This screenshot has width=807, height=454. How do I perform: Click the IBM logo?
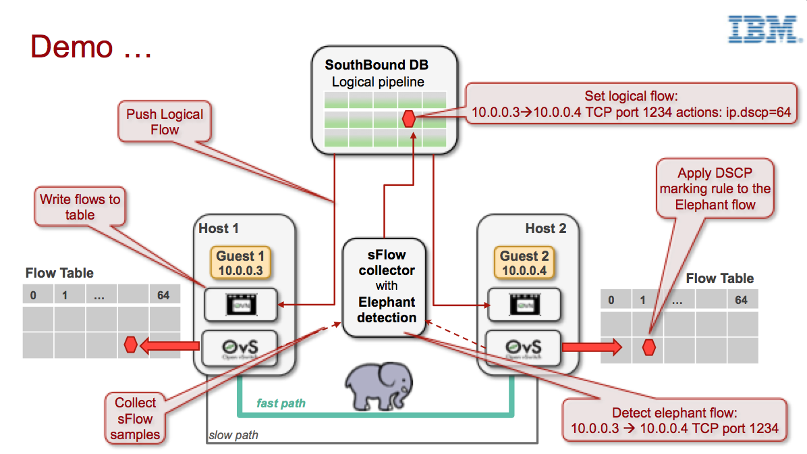click(761, 30)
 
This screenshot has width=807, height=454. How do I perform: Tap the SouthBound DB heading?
click(377, 66)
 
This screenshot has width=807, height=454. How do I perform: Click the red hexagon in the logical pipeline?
click(408, 119)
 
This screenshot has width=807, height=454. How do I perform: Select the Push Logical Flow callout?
click(165, 122)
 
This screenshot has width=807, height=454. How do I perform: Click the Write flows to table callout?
click(80, 207)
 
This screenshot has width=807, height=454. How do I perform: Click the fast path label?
click(281, 403)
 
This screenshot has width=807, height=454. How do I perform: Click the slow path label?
click(233, 435)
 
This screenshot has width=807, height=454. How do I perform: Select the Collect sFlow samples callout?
click(135, 418)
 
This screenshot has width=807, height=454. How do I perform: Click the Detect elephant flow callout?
click(674, 420)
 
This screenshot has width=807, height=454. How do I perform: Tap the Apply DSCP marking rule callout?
click(715, 188)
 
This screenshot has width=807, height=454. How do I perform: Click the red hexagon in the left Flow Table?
click(131, 345)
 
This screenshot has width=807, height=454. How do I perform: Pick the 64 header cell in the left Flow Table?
click(163, 295)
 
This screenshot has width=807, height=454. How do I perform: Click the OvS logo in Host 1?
click(240, 348)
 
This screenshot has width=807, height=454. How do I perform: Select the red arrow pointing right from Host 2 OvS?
click(592, 347)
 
